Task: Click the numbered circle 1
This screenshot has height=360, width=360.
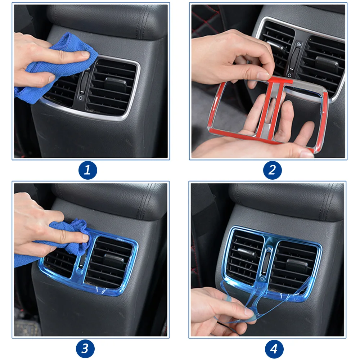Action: pos(88,170)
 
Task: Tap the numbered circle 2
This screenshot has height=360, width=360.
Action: pos(272,170)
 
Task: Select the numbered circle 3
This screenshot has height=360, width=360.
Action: pos(85,349)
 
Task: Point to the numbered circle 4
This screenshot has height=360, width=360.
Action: pos(274,349)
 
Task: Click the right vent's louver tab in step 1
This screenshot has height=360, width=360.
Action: pos(116,84)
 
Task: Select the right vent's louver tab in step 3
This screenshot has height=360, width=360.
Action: pos(113,260)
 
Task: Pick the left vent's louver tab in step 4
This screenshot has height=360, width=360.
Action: pos(246,252)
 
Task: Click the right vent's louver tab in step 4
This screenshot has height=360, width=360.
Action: pos(297,265)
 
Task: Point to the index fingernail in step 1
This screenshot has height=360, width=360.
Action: pos(85,54)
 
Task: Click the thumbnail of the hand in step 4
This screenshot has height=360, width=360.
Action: pos(249,312)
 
